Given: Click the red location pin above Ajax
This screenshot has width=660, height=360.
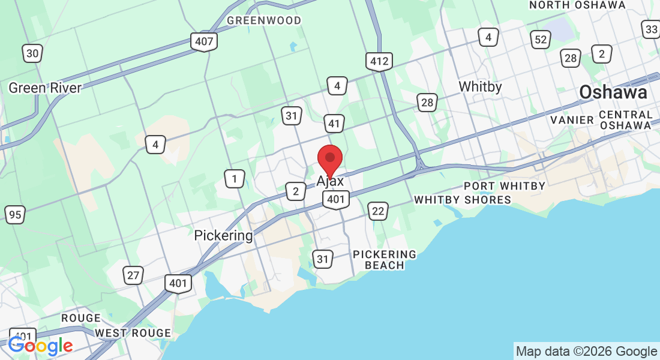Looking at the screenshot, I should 329,159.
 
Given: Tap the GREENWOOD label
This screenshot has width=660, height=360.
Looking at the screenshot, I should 264,20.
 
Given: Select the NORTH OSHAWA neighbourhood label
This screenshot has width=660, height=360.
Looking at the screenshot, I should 577,5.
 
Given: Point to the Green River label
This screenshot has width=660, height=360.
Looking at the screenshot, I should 45,88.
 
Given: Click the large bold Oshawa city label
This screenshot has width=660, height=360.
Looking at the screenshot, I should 613,92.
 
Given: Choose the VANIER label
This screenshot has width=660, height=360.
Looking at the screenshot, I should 572,119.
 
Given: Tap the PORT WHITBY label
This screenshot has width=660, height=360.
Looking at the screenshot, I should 505,186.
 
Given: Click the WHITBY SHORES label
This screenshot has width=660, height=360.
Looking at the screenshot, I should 463,200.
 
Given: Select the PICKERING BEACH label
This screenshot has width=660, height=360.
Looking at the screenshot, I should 385,260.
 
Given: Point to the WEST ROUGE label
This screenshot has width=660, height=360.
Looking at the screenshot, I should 133,333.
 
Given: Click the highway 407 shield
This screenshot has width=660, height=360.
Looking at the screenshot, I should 205,42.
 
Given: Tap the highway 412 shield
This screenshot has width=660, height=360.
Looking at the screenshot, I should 379,61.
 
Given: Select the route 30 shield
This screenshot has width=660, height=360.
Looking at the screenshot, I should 32,53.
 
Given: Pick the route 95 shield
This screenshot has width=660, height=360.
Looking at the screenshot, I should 15,214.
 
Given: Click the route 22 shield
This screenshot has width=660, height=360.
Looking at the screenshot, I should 377,211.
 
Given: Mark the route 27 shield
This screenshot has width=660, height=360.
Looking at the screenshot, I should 133,275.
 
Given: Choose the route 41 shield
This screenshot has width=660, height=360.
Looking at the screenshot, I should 334,124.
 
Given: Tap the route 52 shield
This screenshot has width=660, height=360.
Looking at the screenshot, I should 541,40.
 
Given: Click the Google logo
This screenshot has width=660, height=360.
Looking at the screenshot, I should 40,346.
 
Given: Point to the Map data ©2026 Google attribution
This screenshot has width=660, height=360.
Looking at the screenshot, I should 586,352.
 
